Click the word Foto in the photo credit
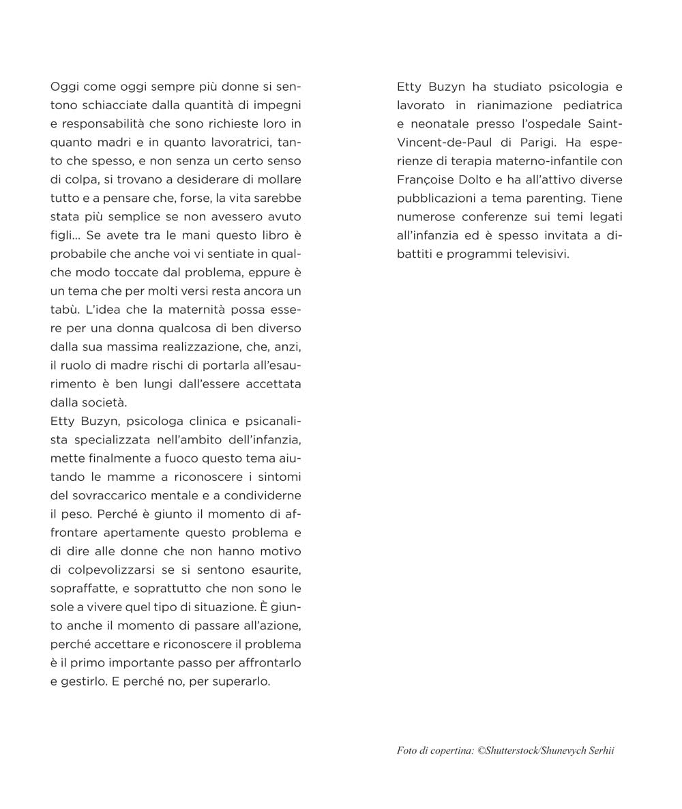click(x=406, y=751)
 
